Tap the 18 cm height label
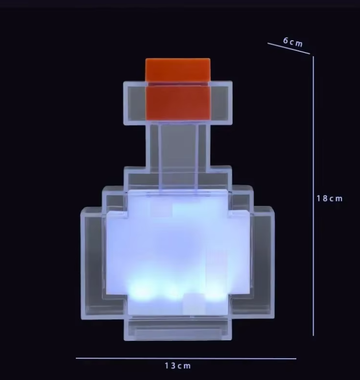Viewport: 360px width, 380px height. (329, 198)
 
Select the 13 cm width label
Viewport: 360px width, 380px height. (178, 365)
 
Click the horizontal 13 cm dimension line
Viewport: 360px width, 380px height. (186, 358)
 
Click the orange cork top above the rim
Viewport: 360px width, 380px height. (178, 69)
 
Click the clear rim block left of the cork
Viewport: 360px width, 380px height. (134, 102)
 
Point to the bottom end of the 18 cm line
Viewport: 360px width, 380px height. (313, 335)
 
